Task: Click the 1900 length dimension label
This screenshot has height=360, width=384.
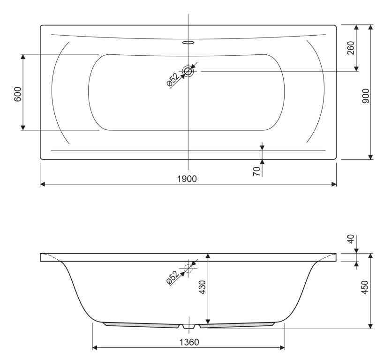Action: (187, 179)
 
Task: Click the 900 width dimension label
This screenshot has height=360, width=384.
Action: (365, 96)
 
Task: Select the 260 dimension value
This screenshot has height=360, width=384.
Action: (351, 48)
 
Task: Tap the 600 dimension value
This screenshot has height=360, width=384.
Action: (18, 94)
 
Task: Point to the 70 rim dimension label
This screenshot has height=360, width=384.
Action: (256, 172)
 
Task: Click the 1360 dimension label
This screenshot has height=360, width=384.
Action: (189, 342)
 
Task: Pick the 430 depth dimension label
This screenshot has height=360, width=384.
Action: (203, 287)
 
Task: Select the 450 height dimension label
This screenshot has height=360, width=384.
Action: (365, 287)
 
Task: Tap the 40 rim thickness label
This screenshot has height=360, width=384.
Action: (351, 239)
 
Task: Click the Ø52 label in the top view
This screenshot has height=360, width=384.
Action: (173, 80)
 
